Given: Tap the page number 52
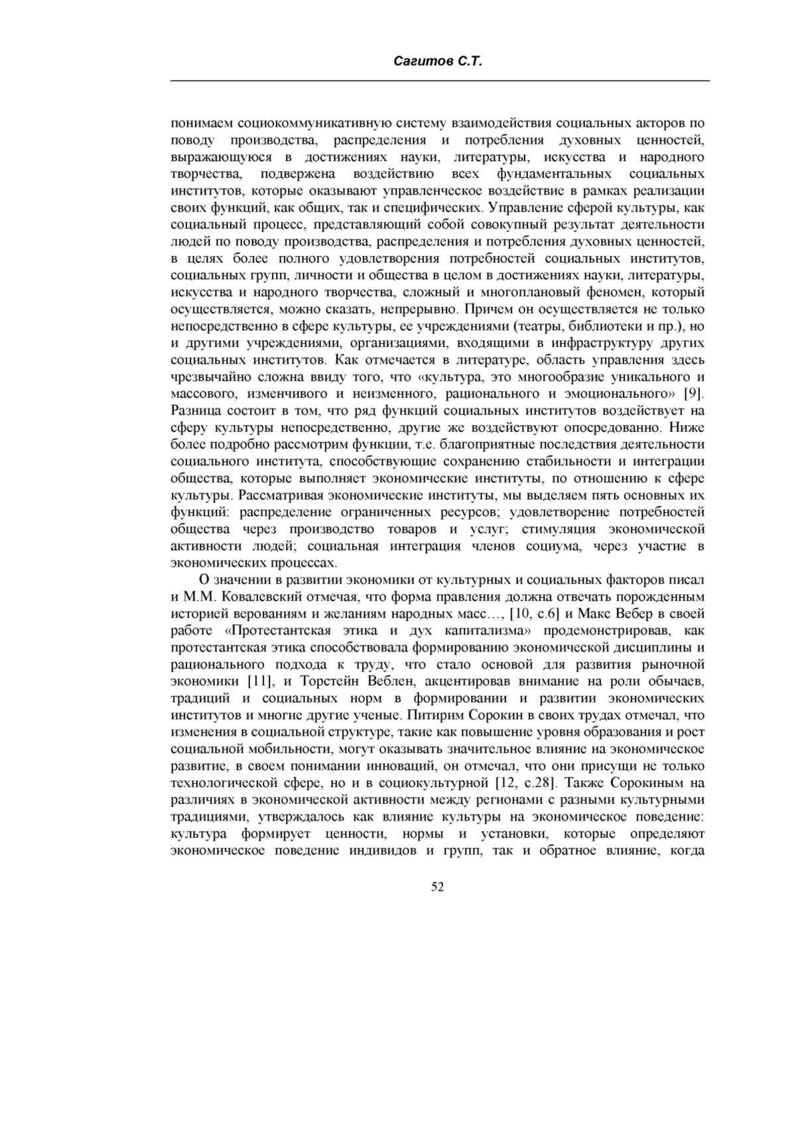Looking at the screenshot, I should [437, 887].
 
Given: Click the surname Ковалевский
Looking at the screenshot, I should [256, 597].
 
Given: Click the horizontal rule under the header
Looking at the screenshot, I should [440, 81].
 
